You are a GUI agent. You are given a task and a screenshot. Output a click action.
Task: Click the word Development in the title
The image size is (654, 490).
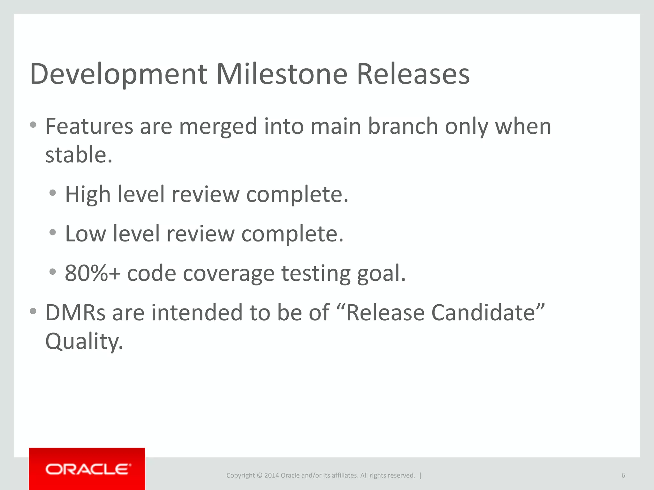(118, 75)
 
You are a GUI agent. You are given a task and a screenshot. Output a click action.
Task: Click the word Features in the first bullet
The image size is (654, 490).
(89, 126)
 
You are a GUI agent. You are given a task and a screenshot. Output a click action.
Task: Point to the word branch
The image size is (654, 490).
(403, 126)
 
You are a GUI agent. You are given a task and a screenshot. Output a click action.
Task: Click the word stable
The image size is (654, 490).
(79, 155)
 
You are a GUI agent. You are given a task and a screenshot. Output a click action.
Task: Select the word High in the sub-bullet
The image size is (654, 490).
(88, 195)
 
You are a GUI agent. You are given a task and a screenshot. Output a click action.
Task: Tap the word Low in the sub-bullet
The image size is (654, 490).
(85, 234)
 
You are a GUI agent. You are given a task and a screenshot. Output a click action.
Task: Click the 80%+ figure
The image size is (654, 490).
(93, 273)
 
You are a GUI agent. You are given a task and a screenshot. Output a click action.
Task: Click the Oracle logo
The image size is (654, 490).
(87, 469)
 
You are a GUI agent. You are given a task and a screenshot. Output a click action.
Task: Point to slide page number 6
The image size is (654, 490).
(623, 475)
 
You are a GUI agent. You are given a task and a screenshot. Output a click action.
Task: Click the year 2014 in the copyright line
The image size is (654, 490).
(271, 475)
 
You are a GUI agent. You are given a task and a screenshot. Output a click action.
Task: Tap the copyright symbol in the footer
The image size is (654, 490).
(259, 475)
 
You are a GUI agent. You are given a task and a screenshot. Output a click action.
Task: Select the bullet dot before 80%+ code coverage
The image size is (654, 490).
(53, 272)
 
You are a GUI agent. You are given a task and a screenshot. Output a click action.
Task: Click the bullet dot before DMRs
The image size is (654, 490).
(33, 311)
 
